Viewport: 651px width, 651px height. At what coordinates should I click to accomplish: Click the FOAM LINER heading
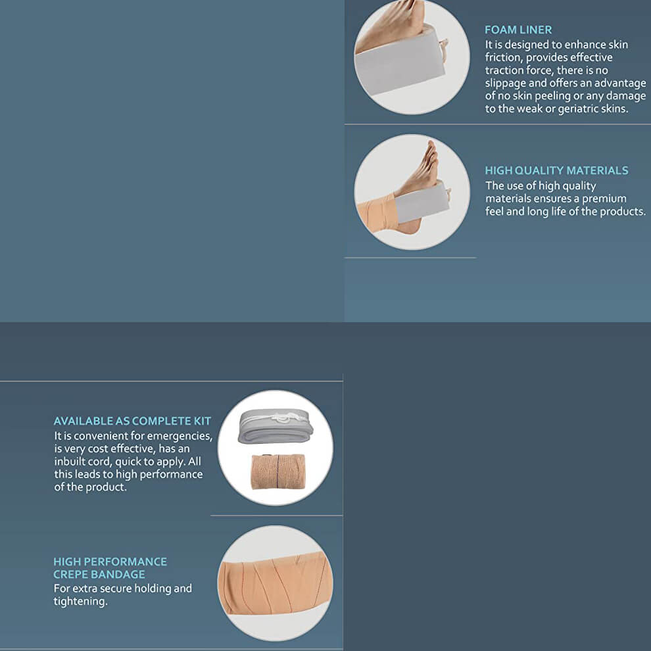(x=518, y=30)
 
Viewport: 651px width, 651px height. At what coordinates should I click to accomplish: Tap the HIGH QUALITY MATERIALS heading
(x=556, y=170)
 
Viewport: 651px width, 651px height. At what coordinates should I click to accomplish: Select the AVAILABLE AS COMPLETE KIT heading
(x=132, y=421)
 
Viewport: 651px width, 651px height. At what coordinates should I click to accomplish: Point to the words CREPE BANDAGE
(x=99, y=575)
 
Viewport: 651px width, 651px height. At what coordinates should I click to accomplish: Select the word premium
(x=604, y=199)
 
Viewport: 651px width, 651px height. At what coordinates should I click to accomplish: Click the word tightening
(x=80, y=601)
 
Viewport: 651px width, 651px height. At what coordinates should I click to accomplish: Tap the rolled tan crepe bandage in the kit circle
(x=278, y=471)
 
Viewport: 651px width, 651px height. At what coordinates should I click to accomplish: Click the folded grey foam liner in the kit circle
(x=274, y=425)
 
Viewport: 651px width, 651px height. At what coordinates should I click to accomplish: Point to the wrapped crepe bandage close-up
(x=276, y=587)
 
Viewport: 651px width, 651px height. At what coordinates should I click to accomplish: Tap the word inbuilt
(x=69, y=462)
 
